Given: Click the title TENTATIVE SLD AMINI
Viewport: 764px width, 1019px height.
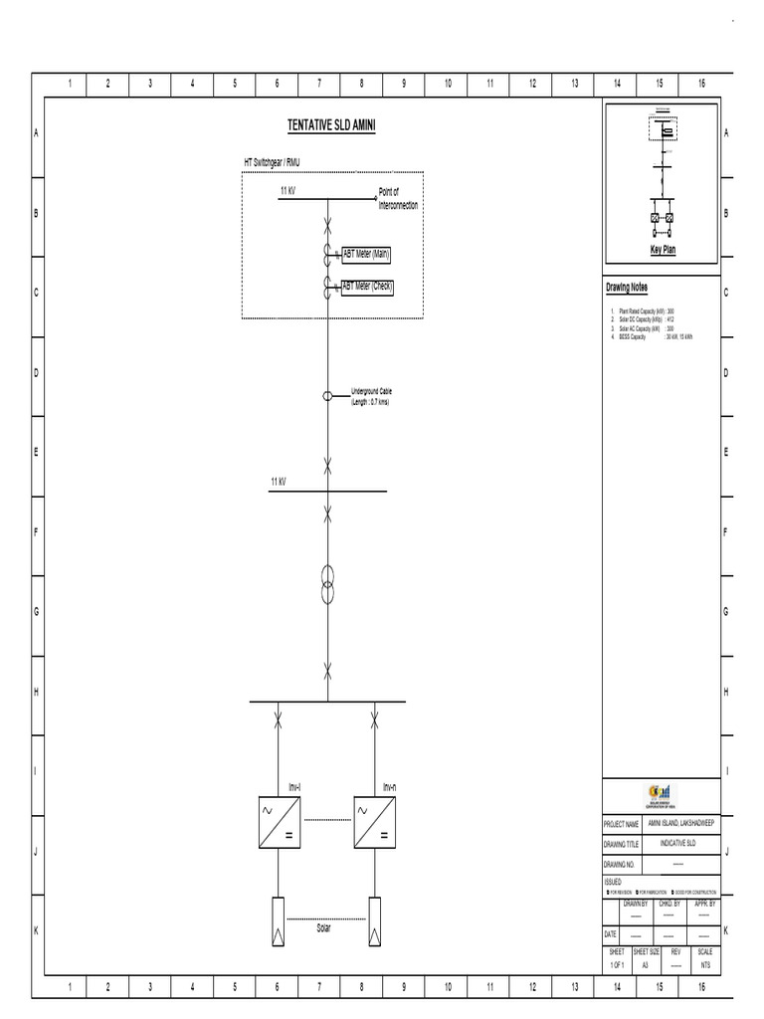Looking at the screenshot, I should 330,125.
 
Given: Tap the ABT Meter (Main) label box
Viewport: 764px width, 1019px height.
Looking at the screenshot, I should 366,255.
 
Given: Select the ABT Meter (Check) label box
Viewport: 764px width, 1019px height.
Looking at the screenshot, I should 368,287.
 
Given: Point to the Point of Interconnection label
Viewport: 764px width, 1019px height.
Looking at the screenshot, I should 398,199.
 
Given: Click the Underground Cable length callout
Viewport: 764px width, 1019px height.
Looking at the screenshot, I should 371,397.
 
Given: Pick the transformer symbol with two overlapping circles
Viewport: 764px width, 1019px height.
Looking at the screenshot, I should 327,585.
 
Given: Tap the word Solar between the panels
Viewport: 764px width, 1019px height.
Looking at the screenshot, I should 323,927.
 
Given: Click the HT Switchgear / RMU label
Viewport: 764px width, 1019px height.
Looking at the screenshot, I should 277,161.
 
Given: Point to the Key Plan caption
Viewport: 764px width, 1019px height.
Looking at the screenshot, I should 663,250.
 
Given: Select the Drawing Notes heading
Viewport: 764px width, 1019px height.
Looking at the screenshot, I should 627,288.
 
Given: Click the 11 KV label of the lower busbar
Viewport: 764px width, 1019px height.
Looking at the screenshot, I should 279,482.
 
